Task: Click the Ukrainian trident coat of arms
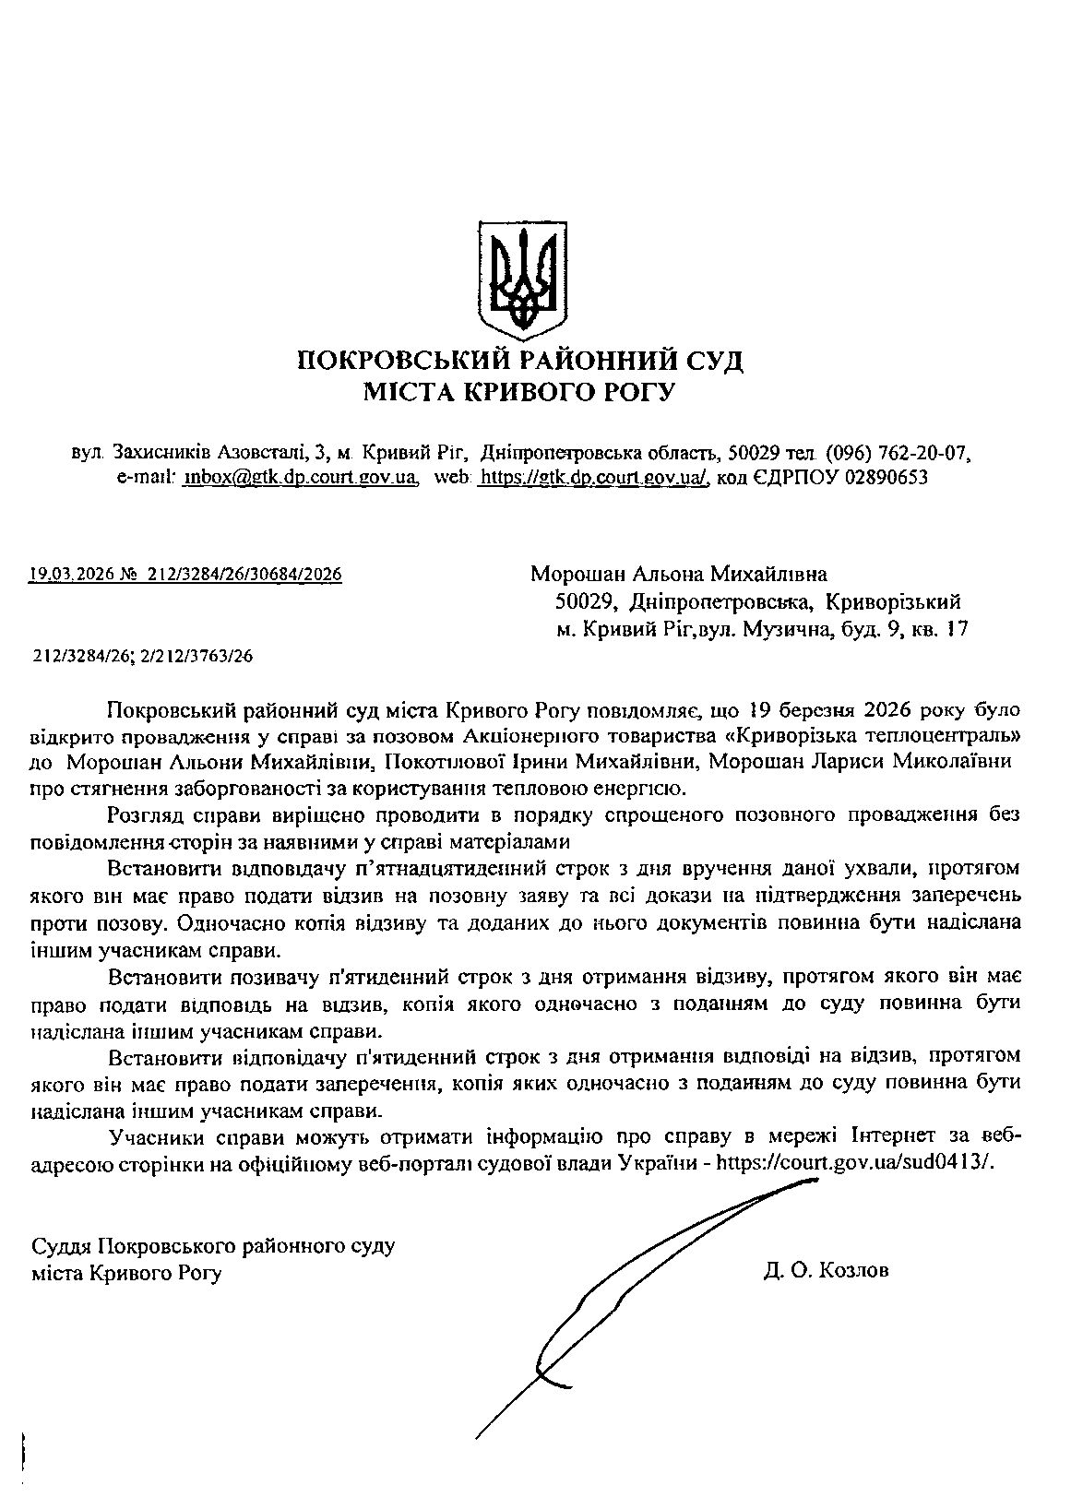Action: pyautogui.click(x=523, y=275)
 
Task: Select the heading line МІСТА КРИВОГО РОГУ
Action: pyautogui.click(x=519, y=394)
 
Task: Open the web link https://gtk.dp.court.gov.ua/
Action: pyautogui.click(x=594, y=478)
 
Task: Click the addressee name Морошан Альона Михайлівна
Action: pyautogui.click(x=679, y=575)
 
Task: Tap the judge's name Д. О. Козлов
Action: pyautogui.click(x=826, y=1271)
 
